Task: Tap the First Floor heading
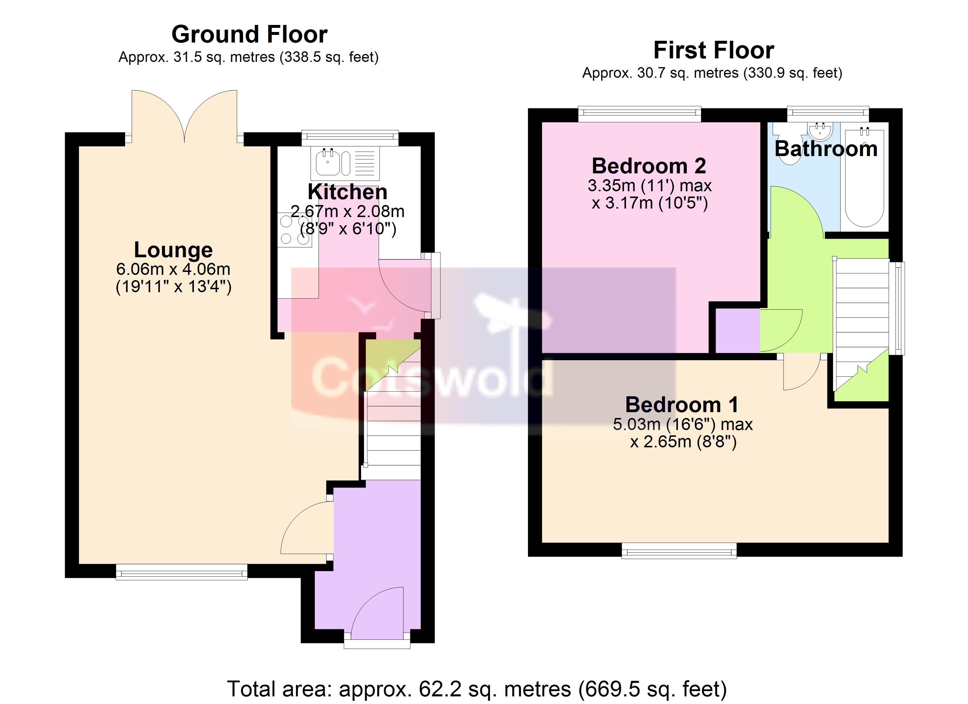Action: (714, 50)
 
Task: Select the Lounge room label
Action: (173, 250)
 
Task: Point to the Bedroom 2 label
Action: (649, 166)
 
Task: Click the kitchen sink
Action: (345, 163)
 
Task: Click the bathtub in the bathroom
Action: (865, 177)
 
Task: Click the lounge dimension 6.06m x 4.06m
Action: (173, 269)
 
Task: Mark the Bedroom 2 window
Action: (640, 114)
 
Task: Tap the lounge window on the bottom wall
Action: (181, 572)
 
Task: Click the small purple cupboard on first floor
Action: (737, 331)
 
